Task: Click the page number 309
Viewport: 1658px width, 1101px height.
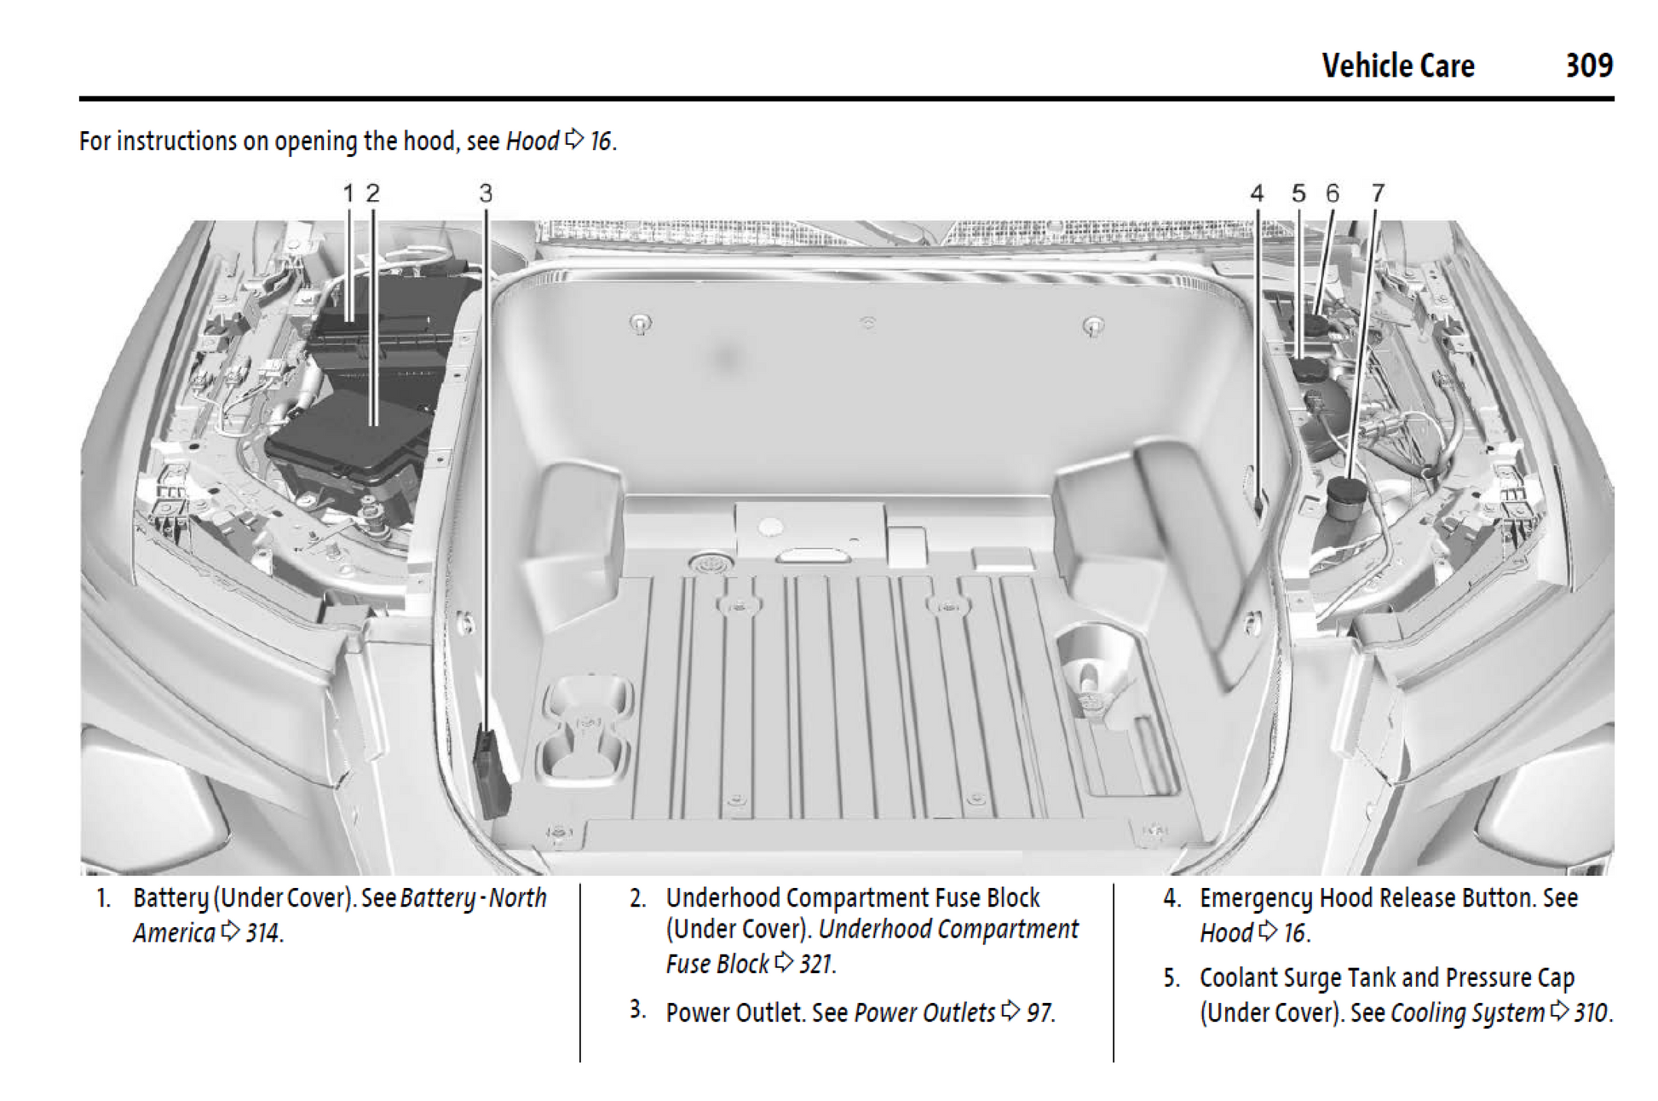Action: point(1589,66)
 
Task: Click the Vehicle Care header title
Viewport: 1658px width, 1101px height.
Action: point(1397,66)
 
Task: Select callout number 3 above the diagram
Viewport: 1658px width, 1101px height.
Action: point(486,193)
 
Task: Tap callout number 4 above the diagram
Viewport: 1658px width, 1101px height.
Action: point(1257,193)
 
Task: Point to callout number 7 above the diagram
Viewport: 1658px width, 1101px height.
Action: point(1378,193)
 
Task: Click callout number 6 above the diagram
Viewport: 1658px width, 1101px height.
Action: point(1333,193)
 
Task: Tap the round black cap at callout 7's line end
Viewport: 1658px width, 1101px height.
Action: point(1347,493)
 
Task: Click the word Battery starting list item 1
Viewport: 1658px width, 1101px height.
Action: point(170,898)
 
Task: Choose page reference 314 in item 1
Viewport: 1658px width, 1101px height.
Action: point(263,933)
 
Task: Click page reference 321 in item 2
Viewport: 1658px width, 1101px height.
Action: point(816,964)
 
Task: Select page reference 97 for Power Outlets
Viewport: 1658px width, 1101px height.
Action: point(1039,1012)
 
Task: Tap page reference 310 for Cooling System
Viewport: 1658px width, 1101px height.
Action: point(1590,1012)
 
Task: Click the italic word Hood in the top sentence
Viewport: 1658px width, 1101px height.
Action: point(533,141)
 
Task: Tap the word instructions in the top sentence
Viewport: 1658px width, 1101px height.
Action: point(176,141)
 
